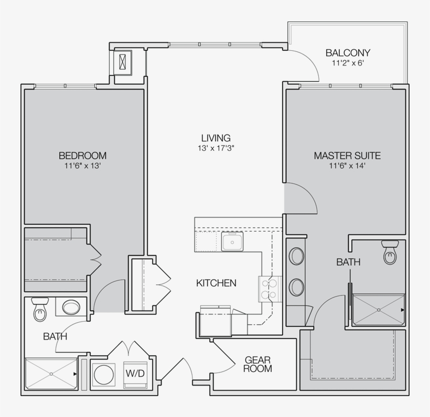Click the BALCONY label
coord(348,53)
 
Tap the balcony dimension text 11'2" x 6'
coord(348,63)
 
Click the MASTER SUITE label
coord(347,156)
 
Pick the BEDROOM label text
coord(82,156)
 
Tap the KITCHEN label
coord(216,283)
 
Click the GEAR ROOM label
coord(258,365)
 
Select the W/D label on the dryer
coord(135,374)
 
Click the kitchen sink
coord(231,242)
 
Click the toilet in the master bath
coord(390,253)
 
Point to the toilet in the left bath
coord(40,310)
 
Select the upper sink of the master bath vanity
coord(297,257)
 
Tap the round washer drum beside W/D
coord(104,375)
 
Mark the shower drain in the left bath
coord(51,374)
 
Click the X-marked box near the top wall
coord(124,61)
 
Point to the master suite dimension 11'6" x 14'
coord(347,166)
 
